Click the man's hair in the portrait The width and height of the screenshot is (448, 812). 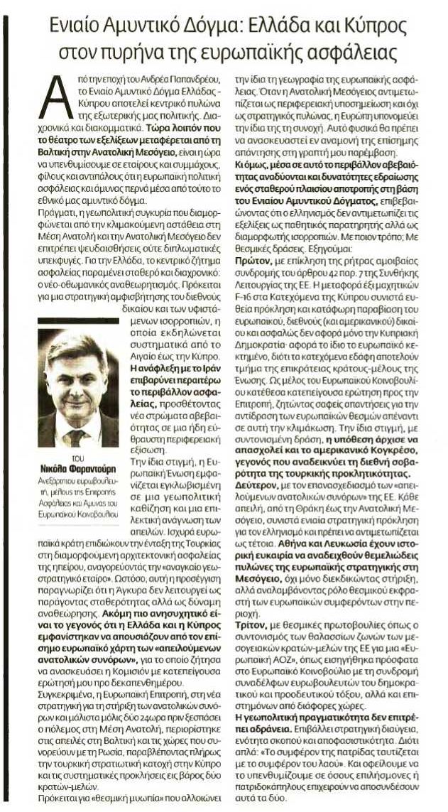(75, 347)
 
